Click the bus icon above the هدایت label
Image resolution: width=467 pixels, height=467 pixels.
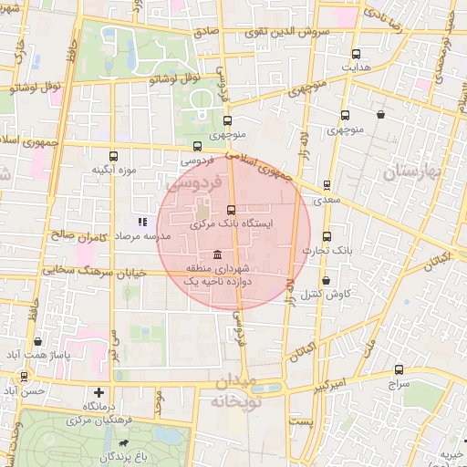(356, 53)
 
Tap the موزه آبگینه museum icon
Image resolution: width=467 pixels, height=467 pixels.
(113, 156)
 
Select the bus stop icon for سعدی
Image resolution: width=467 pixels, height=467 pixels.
(327, 185)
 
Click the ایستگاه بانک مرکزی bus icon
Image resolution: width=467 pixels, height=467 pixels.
(230, 210)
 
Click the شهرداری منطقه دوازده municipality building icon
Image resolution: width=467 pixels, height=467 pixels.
(216, 255)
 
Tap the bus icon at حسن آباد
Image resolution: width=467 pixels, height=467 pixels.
(24, 376)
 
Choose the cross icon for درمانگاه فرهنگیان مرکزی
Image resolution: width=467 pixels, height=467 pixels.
(99, 391)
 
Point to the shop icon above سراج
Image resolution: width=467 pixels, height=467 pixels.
(399, 369)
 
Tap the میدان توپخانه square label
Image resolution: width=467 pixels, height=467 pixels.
(235, 392)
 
